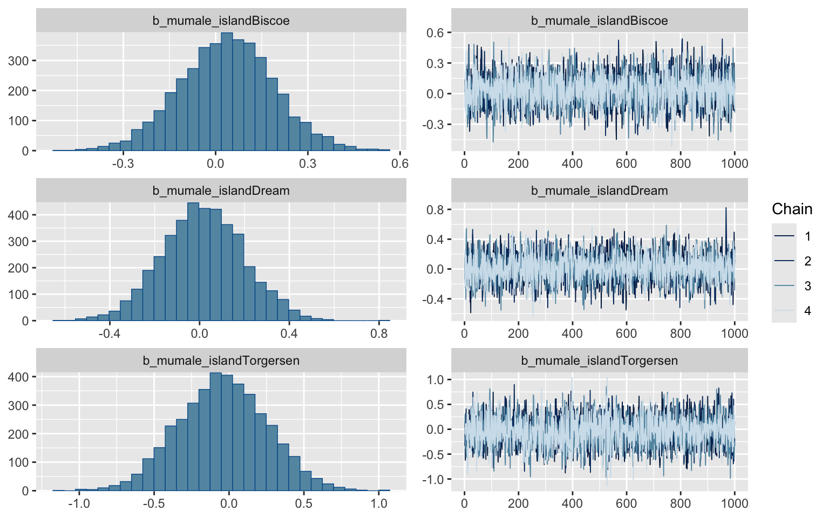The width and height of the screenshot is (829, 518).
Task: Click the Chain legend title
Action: coord(792,209)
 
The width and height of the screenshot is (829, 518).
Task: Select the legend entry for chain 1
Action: coord(807,236)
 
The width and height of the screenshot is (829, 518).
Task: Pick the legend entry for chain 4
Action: coord(807,311)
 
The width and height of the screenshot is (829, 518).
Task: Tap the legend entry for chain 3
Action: coord(807,286)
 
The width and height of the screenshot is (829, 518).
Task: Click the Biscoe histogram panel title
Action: coord(221,21)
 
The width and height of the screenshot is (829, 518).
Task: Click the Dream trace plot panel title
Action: coord(599,190)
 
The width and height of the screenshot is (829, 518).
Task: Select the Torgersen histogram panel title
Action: coord(221,360)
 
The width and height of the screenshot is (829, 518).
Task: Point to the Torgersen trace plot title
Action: coord(599,360)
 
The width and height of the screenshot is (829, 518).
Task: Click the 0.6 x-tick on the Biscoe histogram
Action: coord(400,163)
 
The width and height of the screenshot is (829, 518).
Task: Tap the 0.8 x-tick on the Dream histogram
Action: coord(379,333)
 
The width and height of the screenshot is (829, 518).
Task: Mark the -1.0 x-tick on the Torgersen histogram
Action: coord(79,503)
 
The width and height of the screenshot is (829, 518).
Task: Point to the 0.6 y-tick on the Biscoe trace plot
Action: coord(434,33)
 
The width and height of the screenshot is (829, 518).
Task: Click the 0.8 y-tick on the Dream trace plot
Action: coord(434,209)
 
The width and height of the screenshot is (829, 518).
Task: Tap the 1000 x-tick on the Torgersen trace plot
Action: coord(735,503)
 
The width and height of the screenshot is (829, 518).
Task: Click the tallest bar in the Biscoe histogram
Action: coord(227,92)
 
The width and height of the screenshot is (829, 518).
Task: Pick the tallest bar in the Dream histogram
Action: coord(193,262)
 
